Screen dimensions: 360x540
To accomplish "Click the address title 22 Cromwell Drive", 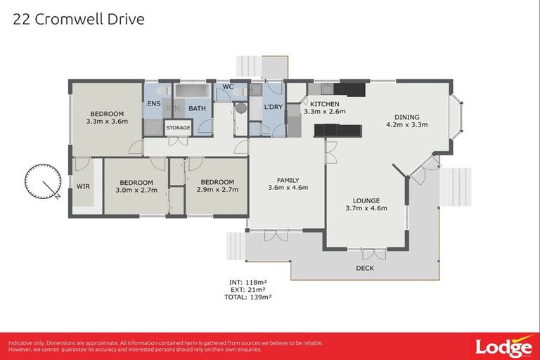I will coord(79,19).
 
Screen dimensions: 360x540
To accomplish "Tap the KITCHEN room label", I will coord(324,104).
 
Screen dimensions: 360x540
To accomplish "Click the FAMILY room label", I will coord(288,179).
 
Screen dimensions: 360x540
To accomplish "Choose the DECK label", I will coord(366,268).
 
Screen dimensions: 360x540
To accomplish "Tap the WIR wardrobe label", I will coord(83,187).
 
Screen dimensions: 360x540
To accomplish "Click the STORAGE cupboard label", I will coord(178,128).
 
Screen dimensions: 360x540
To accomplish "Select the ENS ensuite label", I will coord(153,104).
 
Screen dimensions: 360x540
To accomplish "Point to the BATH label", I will coord(196,108).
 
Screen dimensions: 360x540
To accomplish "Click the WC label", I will coord(228,86).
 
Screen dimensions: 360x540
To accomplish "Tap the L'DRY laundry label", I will coord(273,107).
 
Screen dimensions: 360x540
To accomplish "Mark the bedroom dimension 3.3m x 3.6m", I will coord(106,122).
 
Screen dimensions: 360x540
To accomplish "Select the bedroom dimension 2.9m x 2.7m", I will coord(217,189).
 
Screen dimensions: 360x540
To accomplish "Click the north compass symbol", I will coord(42,182).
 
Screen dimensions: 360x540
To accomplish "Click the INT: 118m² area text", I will coord(248,281).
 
